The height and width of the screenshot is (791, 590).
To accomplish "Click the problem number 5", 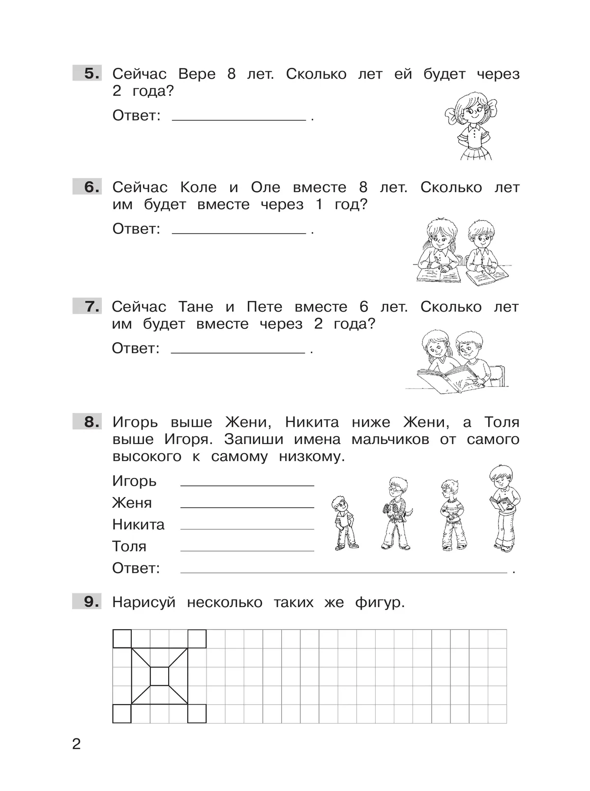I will [91, 74].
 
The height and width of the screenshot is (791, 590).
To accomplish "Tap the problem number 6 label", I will [91, 187].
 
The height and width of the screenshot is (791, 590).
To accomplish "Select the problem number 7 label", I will [91, 306].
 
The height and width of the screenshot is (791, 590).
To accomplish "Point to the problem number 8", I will [91, 422].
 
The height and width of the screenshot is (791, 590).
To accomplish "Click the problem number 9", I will [91, 601].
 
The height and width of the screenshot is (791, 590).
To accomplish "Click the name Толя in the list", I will [129, 546].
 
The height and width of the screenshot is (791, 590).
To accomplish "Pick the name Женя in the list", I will [132, 503].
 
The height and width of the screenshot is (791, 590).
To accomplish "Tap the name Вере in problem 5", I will [197, 74].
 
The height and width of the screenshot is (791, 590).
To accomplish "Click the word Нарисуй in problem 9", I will [144, 602].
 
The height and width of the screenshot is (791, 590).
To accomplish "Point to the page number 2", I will [76, 744].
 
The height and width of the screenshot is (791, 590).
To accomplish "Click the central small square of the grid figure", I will [159, 676].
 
